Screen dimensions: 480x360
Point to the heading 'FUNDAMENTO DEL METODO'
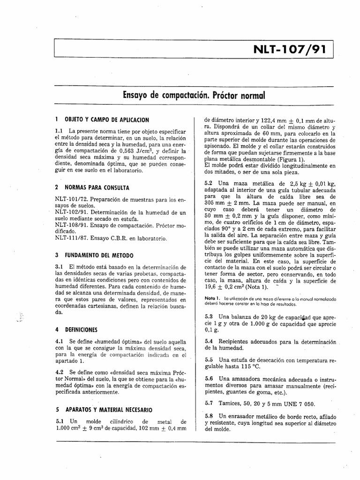pyautogui.click(x=97, y=255)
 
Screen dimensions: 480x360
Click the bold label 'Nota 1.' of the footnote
pyautogui.click(x=212, y=298)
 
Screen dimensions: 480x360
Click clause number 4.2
pyautogui.click(x=59, y=371)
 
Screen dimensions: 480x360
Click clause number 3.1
pyautogui.click(x=59, y=267)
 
